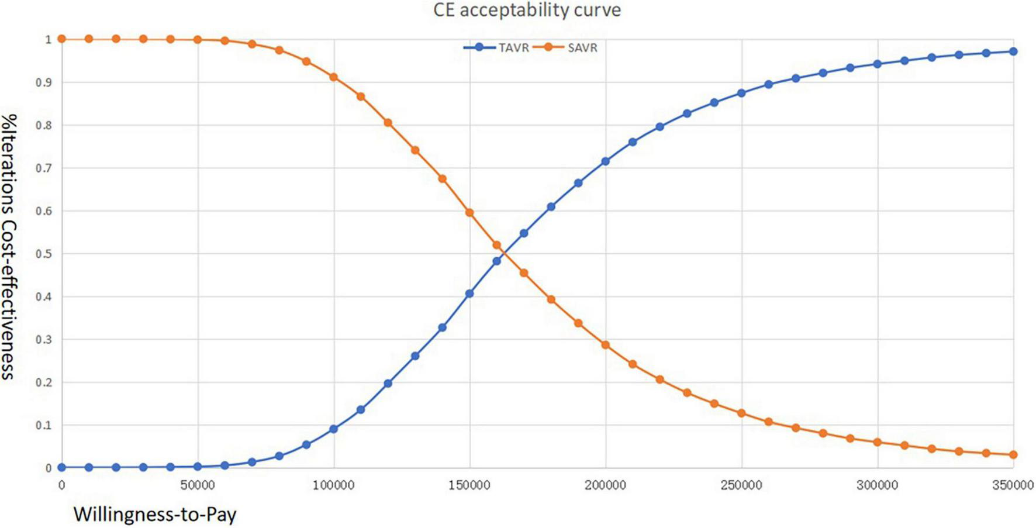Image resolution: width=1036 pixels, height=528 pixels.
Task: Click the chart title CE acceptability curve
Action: tap(527, 10)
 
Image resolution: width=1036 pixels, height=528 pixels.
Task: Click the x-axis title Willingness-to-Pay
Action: tap(155, 514)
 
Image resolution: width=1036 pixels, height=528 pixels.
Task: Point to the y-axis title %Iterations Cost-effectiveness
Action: tap(9, 246)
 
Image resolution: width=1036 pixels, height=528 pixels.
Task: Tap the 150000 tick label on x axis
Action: tap(469, 485)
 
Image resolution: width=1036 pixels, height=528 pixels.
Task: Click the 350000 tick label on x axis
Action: tap(1013, 485)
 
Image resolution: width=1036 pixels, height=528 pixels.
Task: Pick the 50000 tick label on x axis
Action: tap(198, 485)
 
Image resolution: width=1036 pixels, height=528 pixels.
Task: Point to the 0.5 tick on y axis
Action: tap(44, 254)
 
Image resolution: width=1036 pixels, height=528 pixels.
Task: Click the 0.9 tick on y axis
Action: tap(44, 82)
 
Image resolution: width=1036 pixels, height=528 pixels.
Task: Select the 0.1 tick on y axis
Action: tap(44, 425)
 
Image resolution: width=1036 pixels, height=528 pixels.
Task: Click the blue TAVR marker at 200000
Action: tap(606, 161)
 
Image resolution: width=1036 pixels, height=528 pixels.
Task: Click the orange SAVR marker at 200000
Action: tap(606, 346)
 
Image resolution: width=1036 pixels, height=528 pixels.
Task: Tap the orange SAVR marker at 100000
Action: tap(334, 77)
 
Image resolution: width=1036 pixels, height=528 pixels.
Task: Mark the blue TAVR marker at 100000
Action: tap(334, 429)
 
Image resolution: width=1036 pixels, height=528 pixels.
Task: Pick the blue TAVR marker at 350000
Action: tap(1013, 51)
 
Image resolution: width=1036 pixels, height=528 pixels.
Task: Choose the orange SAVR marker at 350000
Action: tap(1013, 454)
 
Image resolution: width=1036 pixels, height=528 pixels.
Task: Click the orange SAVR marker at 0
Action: tap(62, 39)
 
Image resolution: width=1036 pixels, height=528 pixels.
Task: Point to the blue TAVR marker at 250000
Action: tap(741, 93)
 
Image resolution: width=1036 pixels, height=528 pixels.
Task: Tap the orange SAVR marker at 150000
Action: tap(469, 213)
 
